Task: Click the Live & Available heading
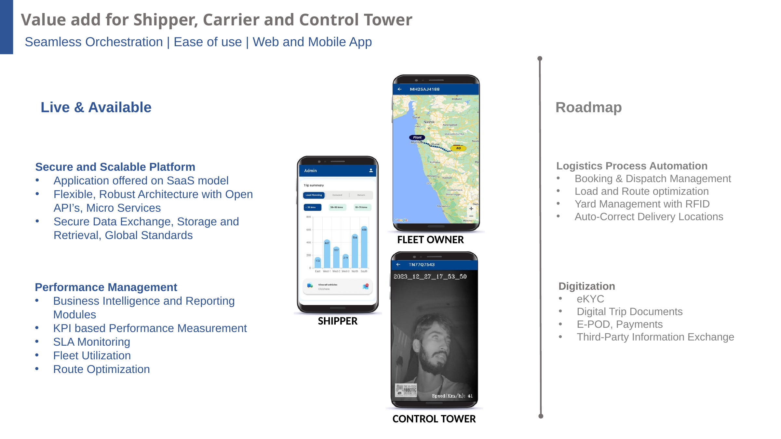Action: pos(96,108)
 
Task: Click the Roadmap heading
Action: pos(588,108)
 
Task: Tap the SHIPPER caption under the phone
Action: pos(337,321)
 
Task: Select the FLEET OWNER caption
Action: pos(430,240)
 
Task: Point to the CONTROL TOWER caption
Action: pos(434,419)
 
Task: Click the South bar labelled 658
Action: pos(364,247)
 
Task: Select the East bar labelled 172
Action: pos(318,262)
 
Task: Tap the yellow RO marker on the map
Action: pos(458,148)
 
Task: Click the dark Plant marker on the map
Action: pos(417,138)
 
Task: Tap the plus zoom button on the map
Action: pos(471,209)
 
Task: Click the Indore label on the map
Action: pos(457,99)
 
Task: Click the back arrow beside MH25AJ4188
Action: pos(400,89)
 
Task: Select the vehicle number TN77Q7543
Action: pos(422,265)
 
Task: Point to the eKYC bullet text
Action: pos(590,299)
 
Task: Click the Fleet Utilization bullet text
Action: pos(92,355)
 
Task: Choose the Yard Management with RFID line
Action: pos(642,204)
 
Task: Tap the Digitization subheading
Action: pos(586,286)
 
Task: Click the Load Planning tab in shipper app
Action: pos(314,195)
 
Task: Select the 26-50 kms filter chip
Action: pos(337,207)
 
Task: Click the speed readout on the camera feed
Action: pos(452,396)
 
